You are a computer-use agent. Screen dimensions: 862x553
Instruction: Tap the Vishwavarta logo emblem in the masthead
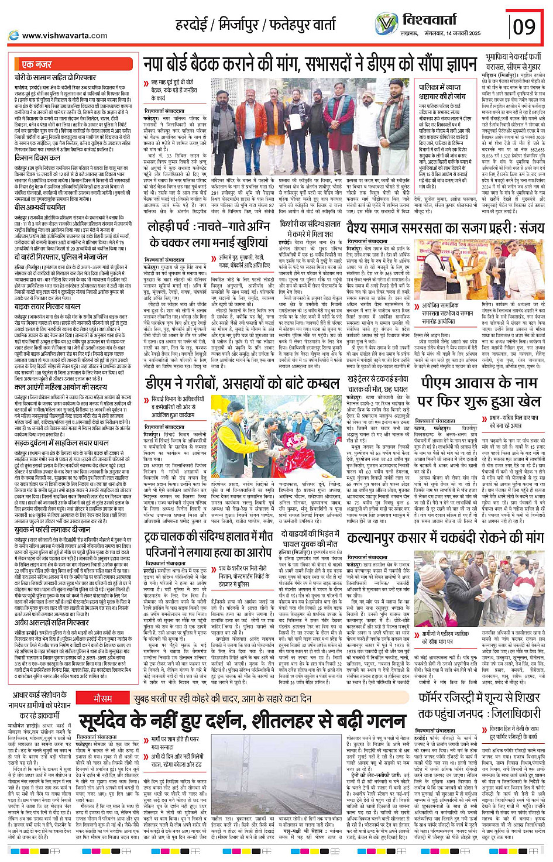[x=386, y=23]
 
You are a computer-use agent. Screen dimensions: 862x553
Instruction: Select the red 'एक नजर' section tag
[x=36, y=64]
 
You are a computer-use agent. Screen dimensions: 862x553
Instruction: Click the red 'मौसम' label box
[x=103, y=682]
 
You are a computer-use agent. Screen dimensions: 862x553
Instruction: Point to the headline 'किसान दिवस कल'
[x=37, y=158]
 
